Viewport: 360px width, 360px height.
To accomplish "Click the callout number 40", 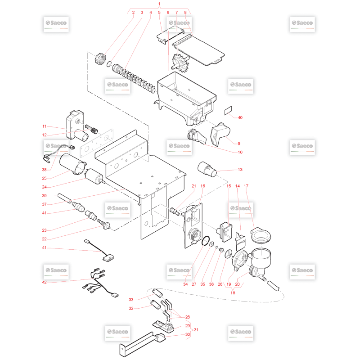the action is point(240,117).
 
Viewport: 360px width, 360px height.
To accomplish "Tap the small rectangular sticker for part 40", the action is point(228,110).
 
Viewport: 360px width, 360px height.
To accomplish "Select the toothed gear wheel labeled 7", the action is point(180,63).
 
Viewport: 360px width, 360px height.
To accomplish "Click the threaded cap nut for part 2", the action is point(100,58).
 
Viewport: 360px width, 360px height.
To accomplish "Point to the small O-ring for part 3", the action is point(109,64).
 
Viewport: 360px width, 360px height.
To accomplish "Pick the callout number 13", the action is point(240,170).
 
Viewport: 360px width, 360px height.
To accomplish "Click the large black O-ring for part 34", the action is point(206,241).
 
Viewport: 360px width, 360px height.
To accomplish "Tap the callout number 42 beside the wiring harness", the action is point(44,282).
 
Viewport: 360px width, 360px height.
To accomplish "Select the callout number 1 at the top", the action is point(159,4).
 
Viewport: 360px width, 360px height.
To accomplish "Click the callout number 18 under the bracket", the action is point(233,293).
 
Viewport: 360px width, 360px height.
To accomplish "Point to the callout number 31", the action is point(196,330).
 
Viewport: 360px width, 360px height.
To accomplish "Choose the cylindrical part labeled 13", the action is point(207,169).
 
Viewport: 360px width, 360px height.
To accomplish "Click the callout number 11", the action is point(44,126).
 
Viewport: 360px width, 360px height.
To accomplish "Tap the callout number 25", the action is point(44,178).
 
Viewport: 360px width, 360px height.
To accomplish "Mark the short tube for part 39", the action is point(64,198).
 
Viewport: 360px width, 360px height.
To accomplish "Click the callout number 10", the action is point(240,152).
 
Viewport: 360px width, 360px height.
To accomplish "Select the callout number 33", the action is point(131,300).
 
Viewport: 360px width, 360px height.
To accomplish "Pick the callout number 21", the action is point(194,186).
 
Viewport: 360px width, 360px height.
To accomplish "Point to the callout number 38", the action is point(44,170).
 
